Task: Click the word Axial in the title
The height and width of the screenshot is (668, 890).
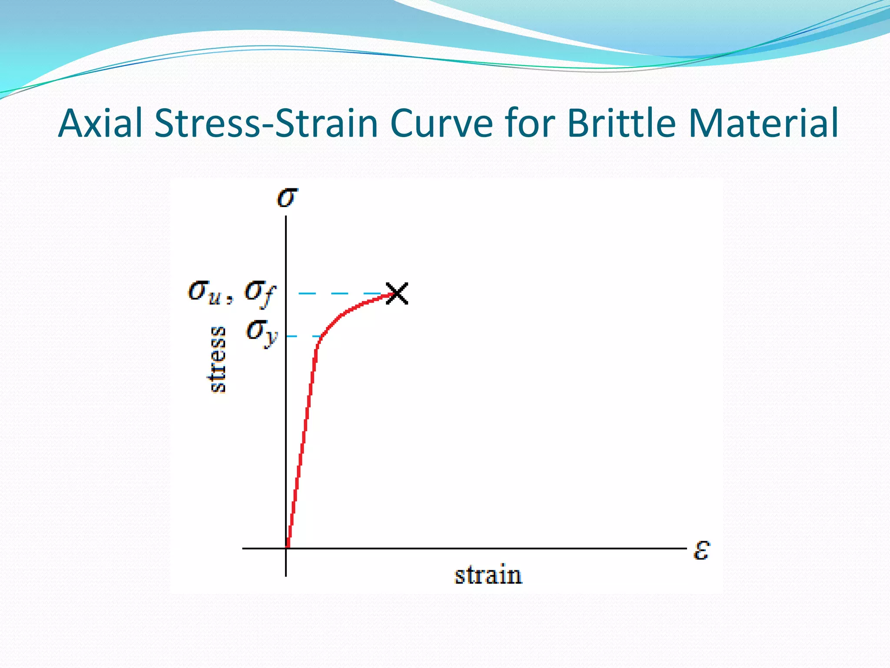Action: point(100,123)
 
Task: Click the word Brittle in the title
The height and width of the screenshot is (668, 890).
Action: point(621,123)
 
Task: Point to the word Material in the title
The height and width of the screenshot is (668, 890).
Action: point(763,123)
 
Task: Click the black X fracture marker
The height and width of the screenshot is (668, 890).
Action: point(397,294)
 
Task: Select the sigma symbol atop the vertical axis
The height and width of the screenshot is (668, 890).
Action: point(287,197)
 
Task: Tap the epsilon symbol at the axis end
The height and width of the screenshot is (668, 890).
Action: point(701,550)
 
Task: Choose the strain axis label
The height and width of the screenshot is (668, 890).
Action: point(488,575)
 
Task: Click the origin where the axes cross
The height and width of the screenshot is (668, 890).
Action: point(286,548)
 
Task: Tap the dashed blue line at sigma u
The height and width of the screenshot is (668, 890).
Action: point(339,294)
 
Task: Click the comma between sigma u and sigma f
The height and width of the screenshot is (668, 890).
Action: point(230,300)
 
